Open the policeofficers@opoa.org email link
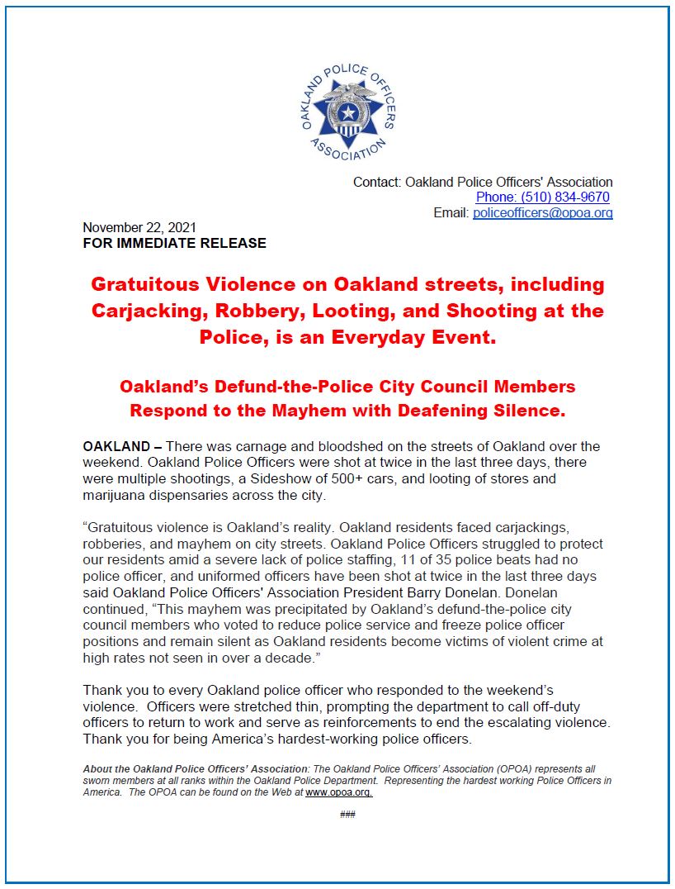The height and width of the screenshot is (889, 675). [542, 213]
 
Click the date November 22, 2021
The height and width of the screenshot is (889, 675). [139, 227]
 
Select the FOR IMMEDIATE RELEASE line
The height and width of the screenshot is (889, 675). [174, 243]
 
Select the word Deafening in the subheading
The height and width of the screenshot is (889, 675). [446, 410]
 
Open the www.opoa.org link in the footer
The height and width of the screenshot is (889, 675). [339, 792]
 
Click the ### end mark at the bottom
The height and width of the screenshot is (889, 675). [347, 815]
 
